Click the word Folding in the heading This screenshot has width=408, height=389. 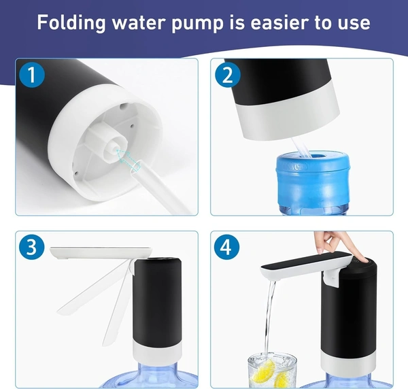(x=71, y=23)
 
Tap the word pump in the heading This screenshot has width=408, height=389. (x=197, y=24)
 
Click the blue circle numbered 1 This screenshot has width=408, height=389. (x=32, y=75)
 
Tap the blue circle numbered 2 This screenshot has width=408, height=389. (x=228, y=75)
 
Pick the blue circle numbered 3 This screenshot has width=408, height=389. (x=32, y=247)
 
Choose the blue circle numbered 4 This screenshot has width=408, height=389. (x=226, y=247)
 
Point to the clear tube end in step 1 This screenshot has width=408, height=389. (x=135, y=167)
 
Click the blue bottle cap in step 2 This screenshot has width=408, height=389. (x=313, y=178)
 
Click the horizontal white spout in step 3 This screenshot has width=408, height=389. (x=101, y=253)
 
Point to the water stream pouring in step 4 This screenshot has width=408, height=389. (x=269, y=318)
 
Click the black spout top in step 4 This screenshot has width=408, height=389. (x=306, y=260)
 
